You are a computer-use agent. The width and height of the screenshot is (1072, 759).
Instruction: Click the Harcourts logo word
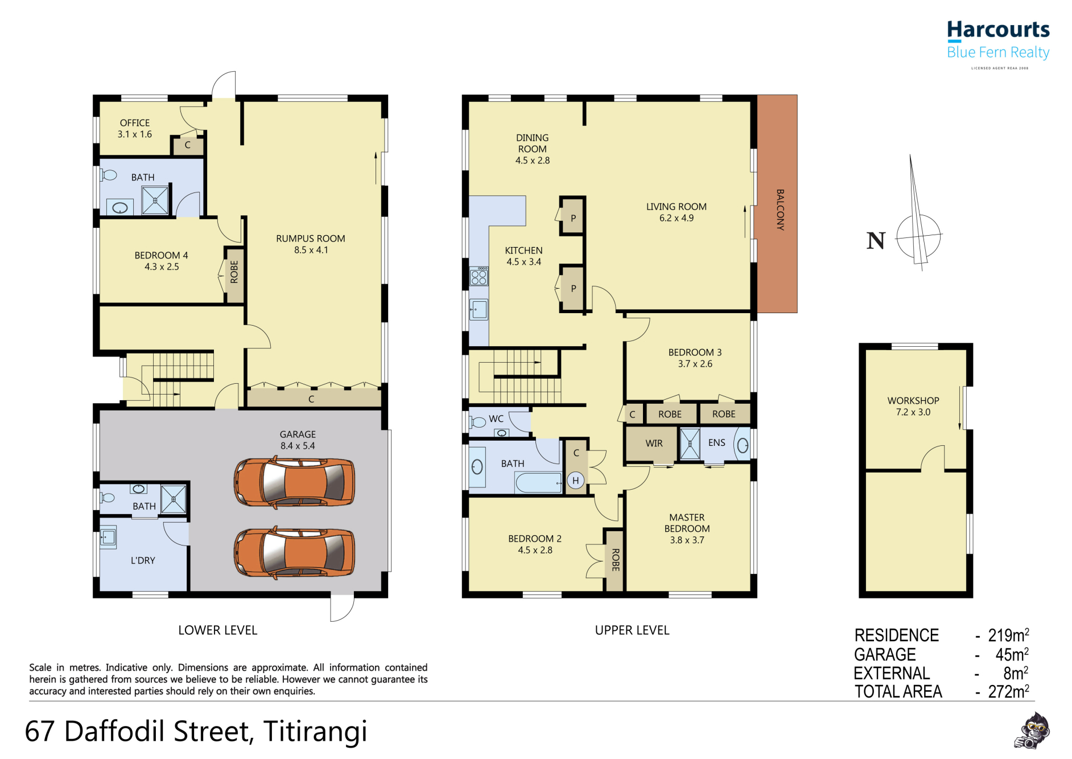(x=998, y=29)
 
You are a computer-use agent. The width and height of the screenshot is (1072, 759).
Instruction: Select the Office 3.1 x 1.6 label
(x=135, y=129)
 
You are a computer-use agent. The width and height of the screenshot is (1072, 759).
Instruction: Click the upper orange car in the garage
(x=295, y=483)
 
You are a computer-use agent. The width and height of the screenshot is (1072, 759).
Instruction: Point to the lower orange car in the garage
(x=295, y=552)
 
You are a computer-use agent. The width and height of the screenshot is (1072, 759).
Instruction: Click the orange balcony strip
(x=777, y=204)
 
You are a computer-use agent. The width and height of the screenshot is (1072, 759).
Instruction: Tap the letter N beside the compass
(x=876, y=241)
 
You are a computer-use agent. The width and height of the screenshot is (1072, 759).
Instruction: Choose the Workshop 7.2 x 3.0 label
(x=913, y=407)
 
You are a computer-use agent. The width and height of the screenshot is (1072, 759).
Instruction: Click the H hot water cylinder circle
(x=576, y=481)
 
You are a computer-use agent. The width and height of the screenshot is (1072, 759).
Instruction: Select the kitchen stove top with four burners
(x=479, y=276)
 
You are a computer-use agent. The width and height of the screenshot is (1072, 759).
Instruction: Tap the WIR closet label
(x=654, y=443)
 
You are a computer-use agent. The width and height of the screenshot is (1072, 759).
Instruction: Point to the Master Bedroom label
(x=687, y=528)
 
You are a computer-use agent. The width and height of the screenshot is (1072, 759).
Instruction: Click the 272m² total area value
(x=1008, y=691)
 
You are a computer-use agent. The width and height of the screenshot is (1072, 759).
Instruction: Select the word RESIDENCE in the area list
(x=897, y=635)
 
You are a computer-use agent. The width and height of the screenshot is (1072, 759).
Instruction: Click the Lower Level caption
(x=218, y=630)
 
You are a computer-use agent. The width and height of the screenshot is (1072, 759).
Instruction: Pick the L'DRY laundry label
(x=143, y=560)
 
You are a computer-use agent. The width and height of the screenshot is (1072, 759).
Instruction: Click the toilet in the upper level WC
(x=477, y=422)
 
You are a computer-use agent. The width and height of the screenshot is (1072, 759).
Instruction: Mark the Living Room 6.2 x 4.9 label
(x=677, y=212)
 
